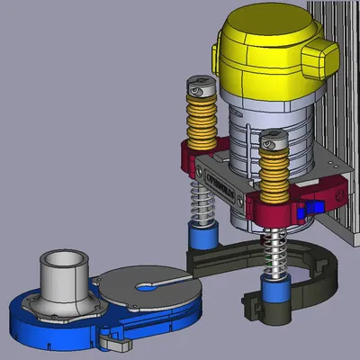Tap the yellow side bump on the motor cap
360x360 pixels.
[322, 61]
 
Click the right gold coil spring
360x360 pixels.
[274, 175]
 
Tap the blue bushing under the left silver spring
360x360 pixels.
[204, 238]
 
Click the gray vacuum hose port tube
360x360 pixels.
[65, 274]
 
